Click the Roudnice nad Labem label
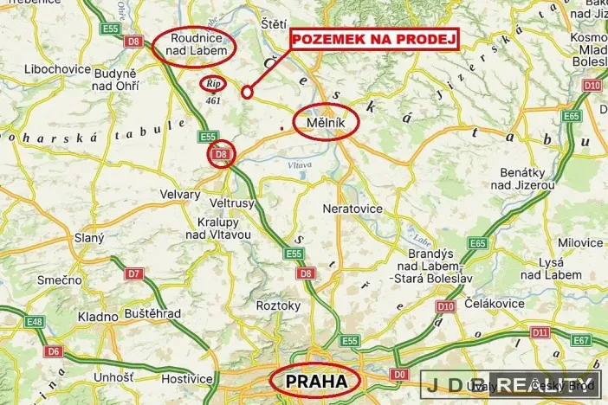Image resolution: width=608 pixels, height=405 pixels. (x=193, y=46)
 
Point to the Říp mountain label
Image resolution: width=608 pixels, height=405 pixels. (x=212, y=84)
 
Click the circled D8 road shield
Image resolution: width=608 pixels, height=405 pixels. (x=221, y=155)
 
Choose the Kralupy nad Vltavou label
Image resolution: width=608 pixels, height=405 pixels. (x=218, y=228)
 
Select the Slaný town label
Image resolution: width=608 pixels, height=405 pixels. (x=64, y=237)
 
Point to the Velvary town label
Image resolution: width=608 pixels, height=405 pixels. (x=180, y=195)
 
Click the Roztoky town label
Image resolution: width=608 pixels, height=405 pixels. (x=278, y=305)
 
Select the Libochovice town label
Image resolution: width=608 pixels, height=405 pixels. (x=53, y=67)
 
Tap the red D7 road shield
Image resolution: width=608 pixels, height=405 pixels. (x=133, y=273)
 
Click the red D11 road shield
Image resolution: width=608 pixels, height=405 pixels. (x=540, y=331)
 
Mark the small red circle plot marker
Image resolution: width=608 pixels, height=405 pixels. (x=246, y=92)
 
